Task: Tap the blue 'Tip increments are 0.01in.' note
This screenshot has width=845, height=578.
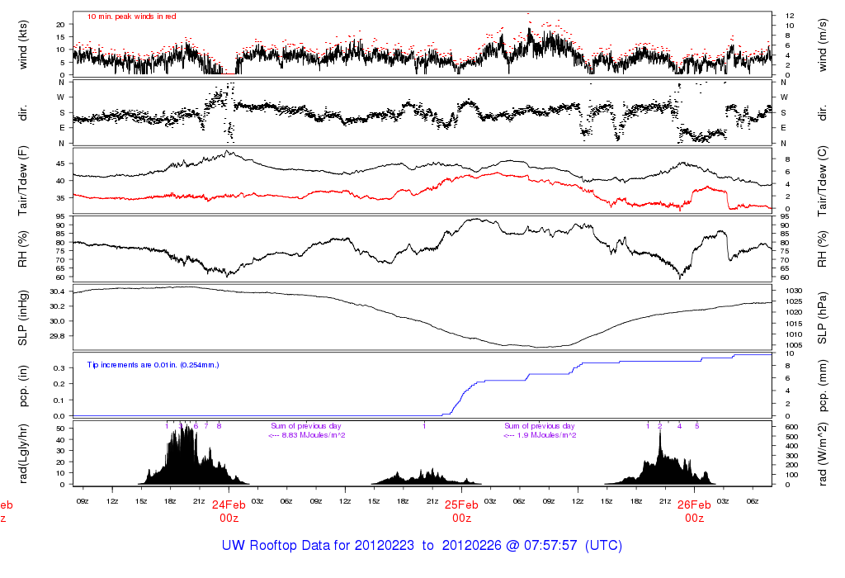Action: (153, 363)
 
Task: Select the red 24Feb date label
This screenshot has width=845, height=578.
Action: (229, 505)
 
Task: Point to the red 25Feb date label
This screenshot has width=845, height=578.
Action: (461, 505)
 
